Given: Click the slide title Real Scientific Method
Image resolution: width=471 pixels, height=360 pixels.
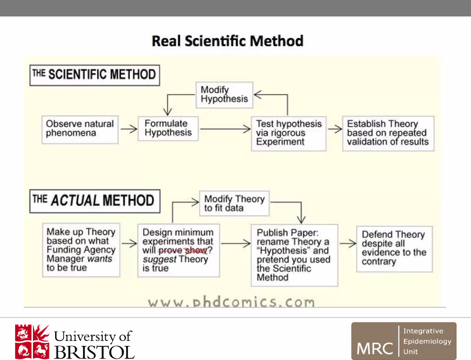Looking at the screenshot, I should coord(228,41).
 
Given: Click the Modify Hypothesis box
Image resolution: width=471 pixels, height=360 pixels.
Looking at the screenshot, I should coord(224,95).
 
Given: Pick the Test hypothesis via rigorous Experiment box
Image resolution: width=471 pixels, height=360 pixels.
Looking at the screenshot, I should coord(289,133).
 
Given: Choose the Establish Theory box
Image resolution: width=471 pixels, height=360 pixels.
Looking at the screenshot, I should coord(388,133).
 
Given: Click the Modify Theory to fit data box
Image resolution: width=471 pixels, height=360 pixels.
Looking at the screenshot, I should coord(235,203).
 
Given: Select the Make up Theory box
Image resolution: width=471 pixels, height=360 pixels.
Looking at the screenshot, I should coord(81,250).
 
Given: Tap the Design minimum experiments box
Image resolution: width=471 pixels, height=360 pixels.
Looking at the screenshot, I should coord(178,250).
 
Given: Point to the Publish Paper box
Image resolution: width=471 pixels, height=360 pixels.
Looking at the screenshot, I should coord(294,255).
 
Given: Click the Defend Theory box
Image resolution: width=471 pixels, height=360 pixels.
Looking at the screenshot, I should coord(394,248).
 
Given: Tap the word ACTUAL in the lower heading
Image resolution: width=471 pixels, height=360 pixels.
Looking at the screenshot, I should coord(75,201).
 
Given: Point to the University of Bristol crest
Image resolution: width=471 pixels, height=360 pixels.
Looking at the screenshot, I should coord(32,341).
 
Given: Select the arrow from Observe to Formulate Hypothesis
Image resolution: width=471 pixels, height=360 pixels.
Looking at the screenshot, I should coord(129,129).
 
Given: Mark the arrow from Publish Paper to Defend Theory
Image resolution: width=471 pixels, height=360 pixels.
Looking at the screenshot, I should coord(347,243).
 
